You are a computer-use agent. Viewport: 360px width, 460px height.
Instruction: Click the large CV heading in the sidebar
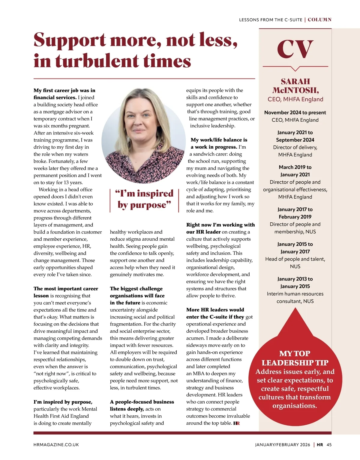tap(295, 50)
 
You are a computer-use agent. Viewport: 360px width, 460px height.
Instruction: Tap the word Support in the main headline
tap(70, 40)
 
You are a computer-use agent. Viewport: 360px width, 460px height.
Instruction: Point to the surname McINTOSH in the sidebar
tap(295, 90)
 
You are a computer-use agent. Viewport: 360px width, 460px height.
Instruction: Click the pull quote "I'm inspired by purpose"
tap(144, 199)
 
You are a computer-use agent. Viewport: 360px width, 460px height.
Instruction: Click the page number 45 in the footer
tap(329, 445)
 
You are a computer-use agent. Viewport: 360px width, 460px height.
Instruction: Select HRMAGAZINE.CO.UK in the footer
tap(56, 445)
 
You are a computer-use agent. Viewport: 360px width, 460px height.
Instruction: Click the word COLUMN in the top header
tap(319, 20)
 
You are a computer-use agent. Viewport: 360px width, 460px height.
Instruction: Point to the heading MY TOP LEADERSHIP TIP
tap(295, 358)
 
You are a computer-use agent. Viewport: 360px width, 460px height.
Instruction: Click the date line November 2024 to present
tap(295, 113)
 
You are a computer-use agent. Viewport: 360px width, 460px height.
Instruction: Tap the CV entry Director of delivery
tap(295, 147)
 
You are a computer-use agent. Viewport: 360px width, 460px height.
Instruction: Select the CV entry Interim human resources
tap(295, 294)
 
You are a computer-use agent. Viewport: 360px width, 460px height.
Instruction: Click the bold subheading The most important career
tap(66, 289)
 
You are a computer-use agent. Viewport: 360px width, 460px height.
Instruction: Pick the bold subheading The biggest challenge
tap(136, 289)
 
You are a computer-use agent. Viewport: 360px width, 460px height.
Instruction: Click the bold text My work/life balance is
tap(219, 140)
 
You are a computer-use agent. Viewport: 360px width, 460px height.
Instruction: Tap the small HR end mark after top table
tap(236, 423)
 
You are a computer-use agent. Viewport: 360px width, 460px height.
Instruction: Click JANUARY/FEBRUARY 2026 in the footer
tap(283, 445)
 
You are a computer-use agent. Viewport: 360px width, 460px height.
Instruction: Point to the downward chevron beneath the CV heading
tap(295, 69)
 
